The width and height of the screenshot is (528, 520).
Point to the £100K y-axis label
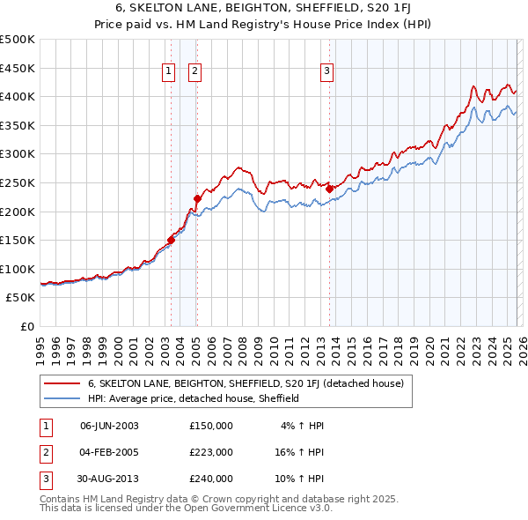tap(18, 269)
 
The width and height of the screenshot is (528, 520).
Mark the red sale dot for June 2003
tap(171, 241)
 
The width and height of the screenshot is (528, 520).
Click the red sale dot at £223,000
tap(197, 198)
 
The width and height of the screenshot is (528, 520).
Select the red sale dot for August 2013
tap(329, 189)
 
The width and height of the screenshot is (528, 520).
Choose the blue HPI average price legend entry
tap(194, 398)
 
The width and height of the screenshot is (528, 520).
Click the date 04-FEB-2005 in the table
tap(109, 452)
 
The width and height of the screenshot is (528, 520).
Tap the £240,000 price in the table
tap(211, 479)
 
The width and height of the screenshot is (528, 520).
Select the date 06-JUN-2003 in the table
tap(109, 426)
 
